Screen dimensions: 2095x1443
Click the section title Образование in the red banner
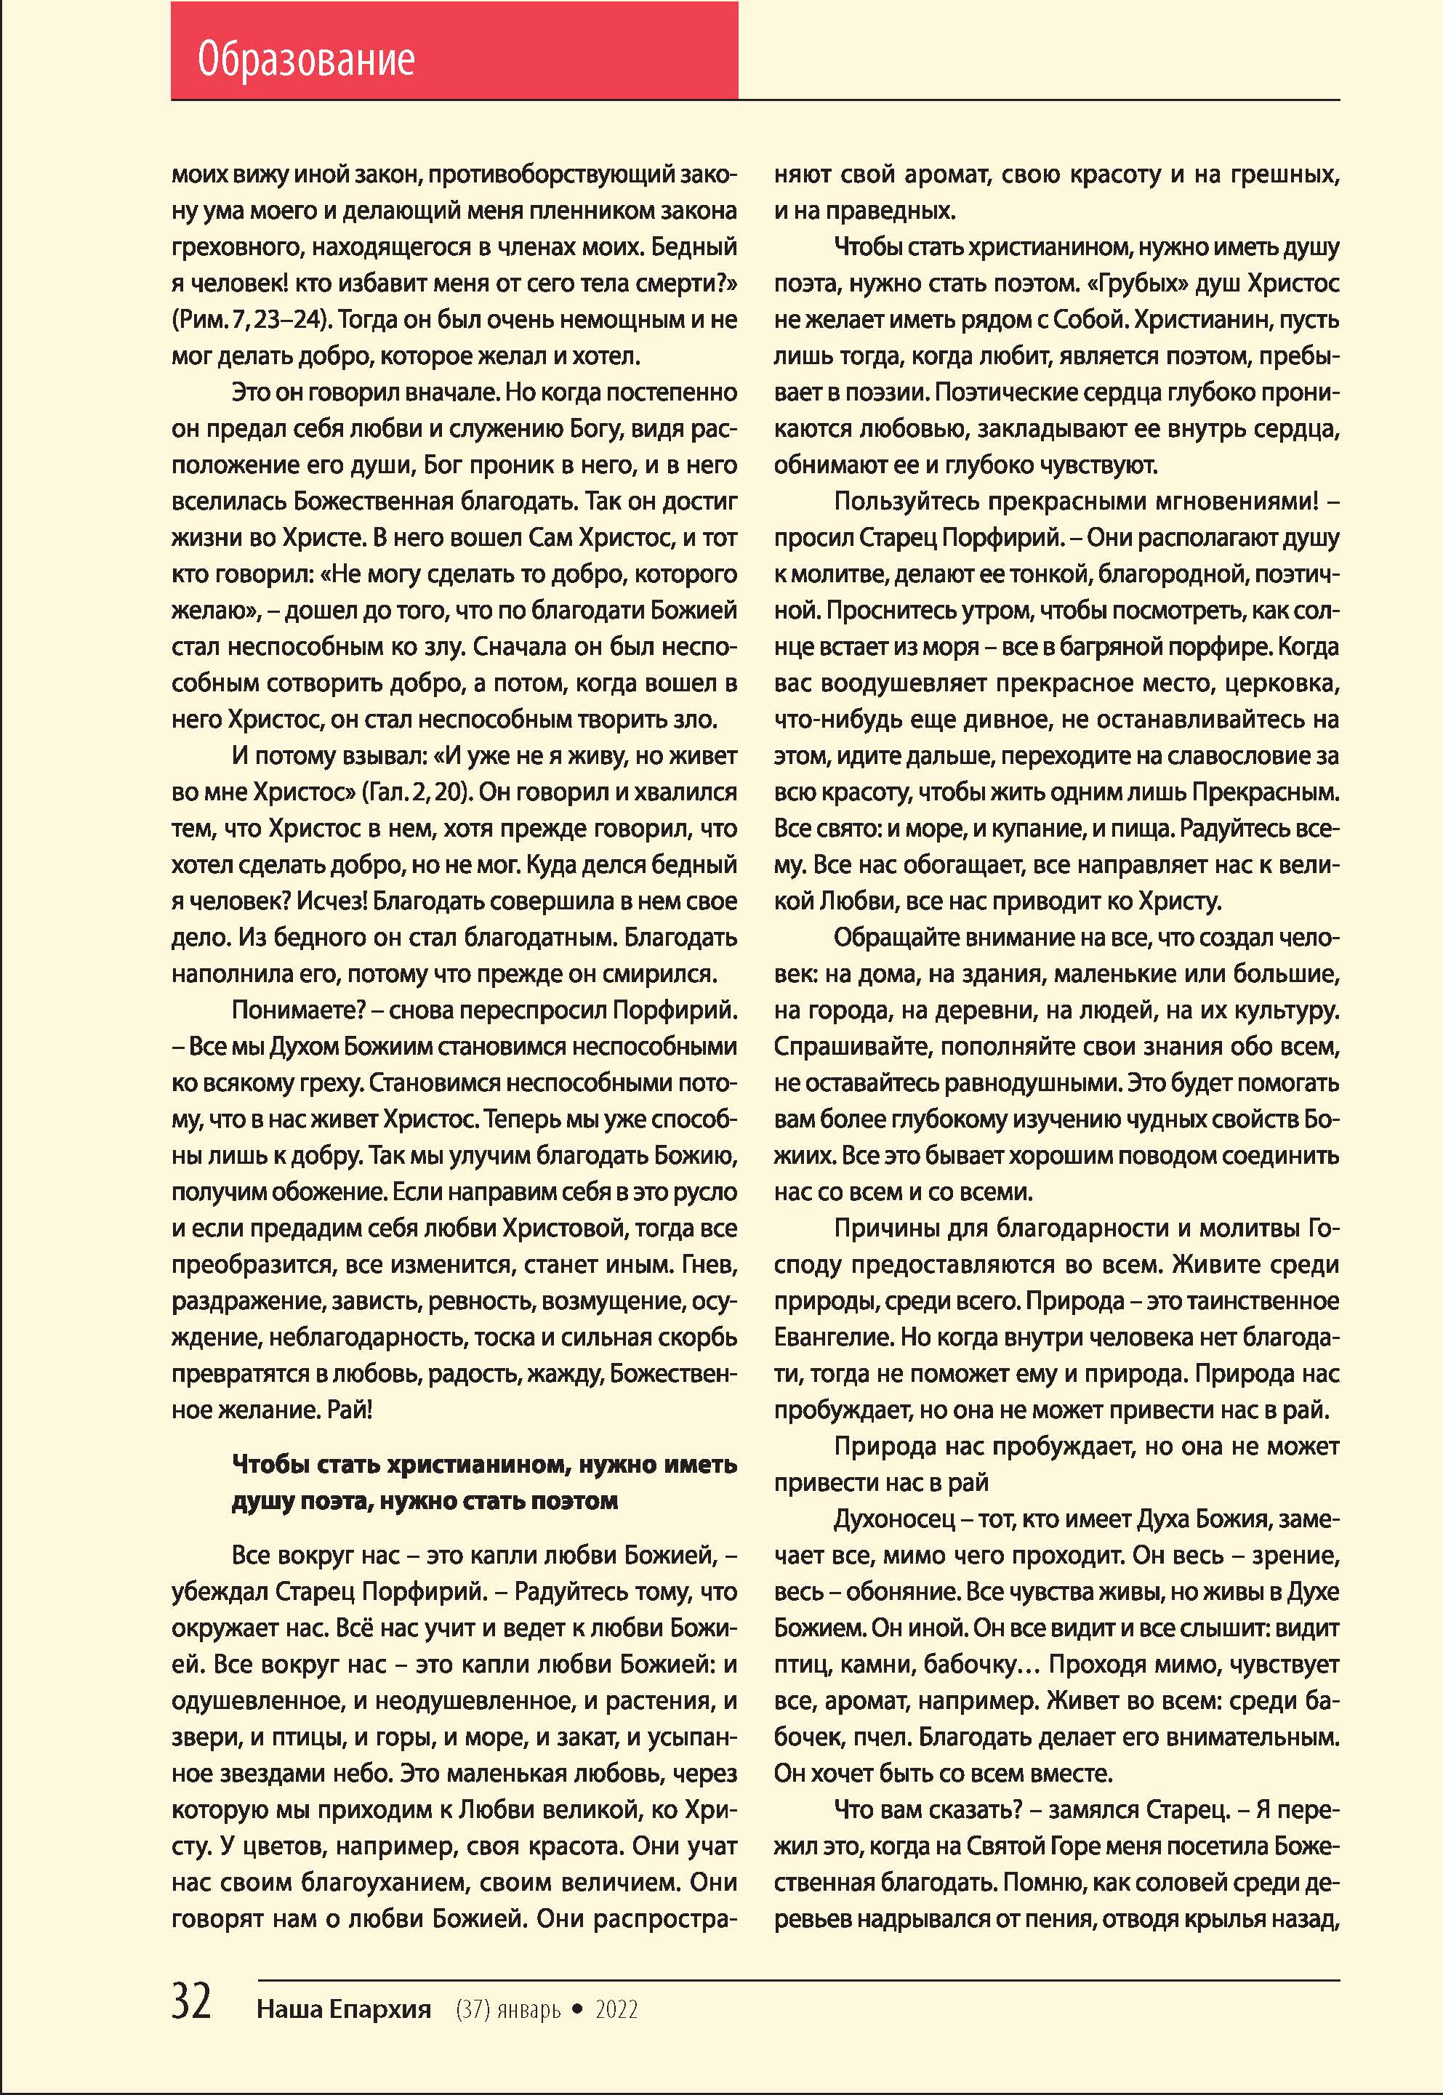305,60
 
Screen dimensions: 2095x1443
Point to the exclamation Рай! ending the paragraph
350,1410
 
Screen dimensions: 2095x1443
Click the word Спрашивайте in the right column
851,1046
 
